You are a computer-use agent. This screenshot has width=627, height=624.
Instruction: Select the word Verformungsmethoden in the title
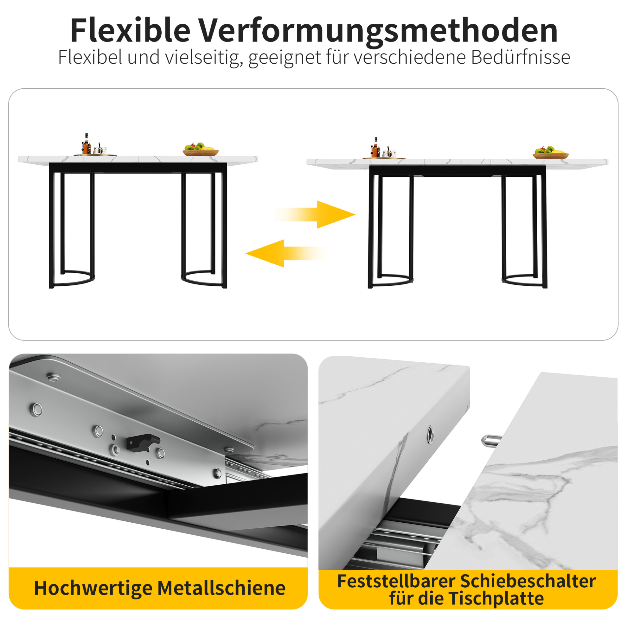tap(378, 32)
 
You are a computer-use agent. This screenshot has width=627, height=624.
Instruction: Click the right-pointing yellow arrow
tap(315, 214)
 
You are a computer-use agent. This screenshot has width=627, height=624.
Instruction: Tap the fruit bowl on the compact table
tap(200, 149)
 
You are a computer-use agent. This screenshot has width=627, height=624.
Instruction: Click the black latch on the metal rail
tap(143, 442)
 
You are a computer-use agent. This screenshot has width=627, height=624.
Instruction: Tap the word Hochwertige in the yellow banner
tap(93, 589)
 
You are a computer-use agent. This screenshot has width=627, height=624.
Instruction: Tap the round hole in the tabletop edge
tap(431, 434)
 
